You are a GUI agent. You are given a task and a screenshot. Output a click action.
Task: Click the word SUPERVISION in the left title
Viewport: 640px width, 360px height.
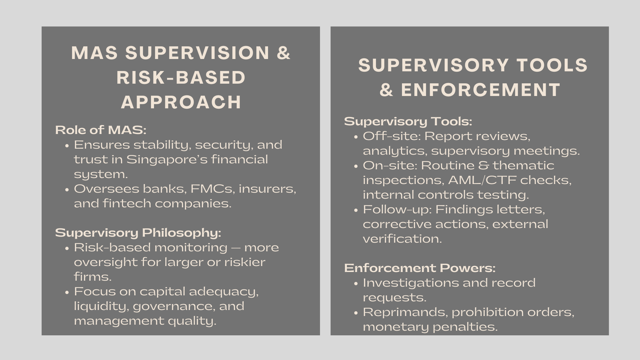197,53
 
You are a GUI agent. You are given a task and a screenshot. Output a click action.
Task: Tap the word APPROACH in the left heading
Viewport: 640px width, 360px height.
181,102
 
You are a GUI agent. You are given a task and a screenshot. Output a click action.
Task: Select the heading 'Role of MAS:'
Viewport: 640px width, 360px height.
101,130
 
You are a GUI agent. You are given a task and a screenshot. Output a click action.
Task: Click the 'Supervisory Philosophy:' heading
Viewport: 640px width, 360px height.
138,233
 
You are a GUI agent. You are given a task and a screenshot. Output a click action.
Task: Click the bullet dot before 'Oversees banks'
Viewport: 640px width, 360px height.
67,189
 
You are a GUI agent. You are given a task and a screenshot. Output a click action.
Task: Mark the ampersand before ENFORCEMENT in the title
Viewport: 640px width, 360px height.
386,90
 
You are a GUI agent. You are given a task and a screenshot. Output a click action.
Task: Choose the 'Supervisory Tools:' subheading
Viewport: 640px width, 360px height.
408,121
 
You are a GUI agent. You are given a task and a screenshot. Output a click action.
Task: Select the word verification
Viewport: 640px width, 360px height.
402,239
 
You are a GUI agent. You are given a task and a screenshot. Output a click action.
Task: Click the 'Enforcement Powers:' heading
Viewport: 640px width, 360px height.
420,268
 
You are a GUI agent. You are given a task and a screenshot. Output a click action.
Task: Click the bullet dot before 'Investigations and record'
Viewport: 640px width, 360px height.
356,283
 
